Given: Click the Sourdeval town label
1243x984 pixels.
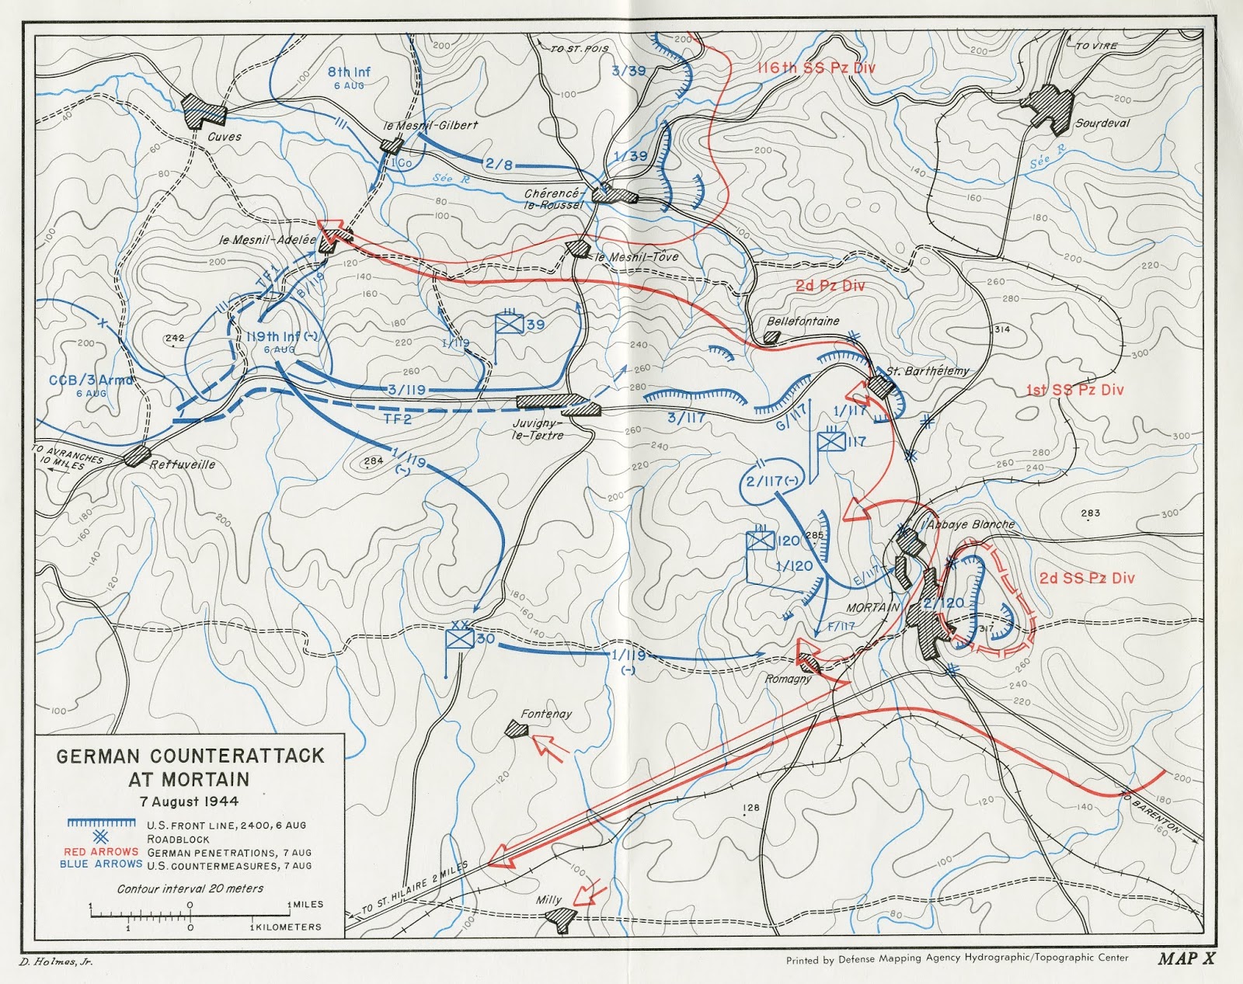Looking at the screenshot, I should click(1102, 123).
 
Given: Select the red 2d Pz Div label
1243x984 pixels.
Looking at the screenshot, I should click(830, 286).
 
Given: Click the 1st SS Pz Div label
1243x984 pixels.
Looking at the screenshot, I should click(1074, 390).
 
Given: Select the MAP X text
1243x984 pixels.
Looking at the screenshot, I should click(1186, 958).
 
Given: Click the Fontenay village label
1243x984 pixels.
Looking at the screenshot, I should click(546, 714).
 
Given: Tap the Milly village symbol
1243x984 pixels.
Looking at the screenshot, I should click(559, 917).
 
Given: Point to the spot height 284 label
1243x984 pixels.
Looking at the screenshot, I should click(374, 461).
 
